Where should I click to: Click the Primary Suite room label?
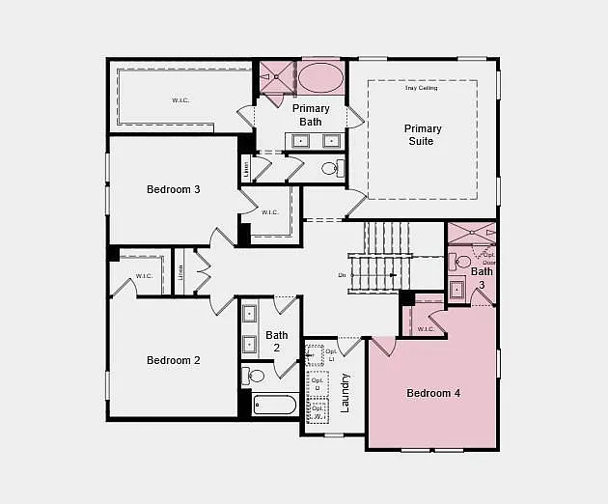(x=423, y=135)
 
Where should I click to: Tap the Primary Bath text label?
(x=311, y=115)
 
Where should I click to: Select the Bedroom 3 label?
(x=174, y=189)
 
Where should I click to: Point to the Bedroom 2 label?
(x=174, y=360)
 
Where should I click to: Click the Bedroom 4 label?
(x=433, y=393)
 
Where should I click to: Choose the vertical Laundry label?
(x=345, y=392)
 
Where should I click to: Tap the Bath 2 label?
(x=277, y=342)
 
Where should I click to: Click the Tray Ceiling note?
(x=421, y=88)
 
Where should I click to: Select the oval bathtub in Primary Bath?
(x=320, y=77)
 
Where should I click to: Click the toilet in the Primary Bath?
(x=331, y=168)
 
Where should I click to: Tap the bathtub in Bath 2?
(x=275, y=405)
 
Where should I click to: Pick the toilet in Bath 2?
(x=254, y=376)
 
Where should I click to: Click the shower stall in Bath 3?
(x=471, y=233)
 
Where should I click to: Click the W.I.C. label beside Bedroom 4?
(x=426, y=329)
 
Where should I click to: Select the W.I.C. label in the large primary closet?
(x=180, y=100)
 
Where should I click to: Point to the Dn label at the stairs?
(x=342, y=275)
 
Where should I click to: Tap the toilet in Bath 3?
(x=462, y=261)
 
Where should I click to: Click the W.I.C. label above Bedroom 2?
(x=144, y=276)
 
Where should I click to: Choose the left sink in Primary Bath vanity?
(x=300, y=141)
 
